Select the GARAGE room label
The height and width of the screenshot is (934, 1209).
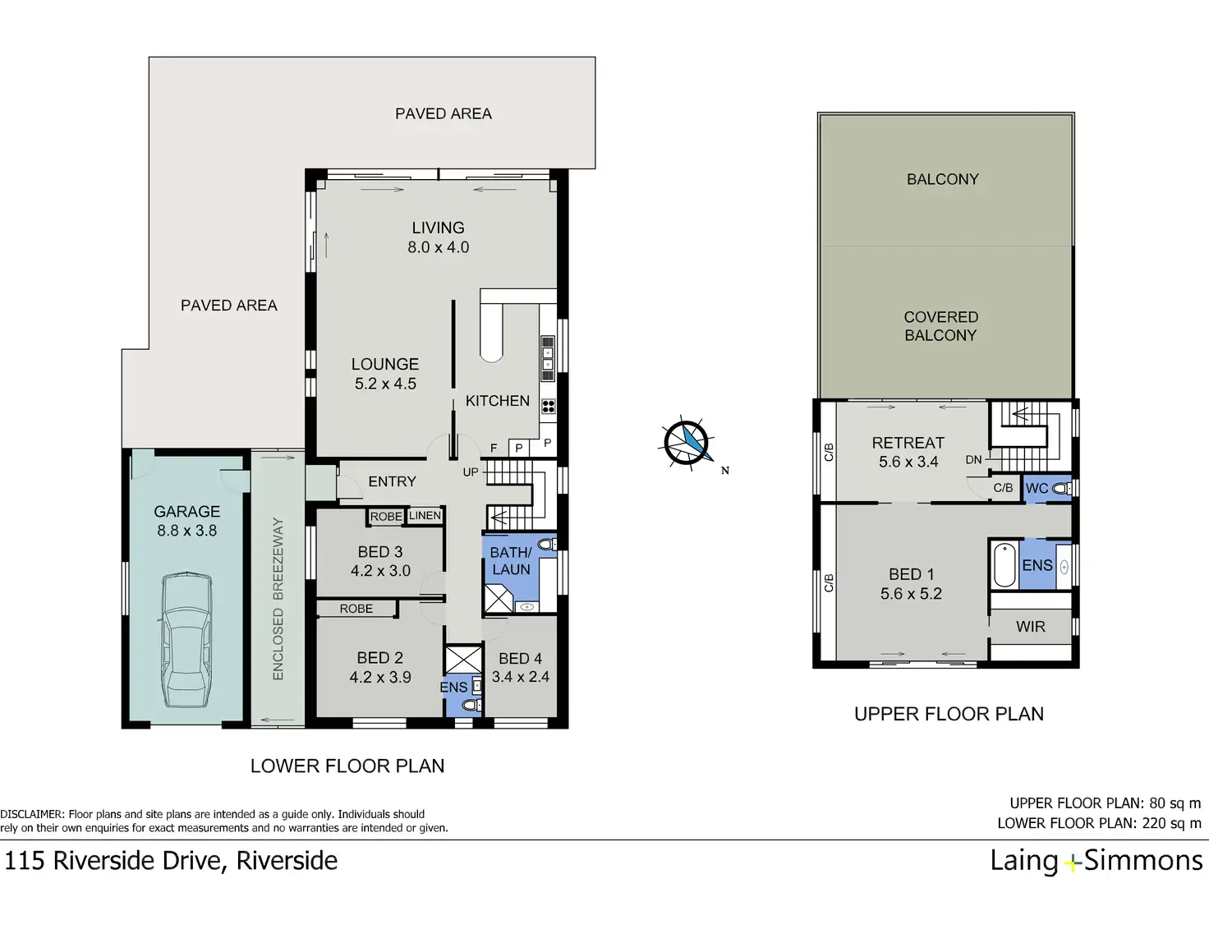187,511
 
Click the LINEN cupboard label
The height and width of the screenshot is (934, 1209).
425,515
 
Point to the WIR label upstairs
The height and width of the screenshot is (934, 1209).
1031,627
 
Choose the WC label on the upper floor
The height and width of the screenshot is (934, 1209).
1037,489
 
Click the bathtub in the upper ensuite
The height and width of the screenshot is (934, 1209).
1004,565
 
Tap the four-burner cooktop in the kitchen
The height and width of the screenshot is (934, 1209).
549,406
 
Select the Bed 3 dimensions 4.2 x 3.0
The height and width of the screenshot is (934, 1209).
380,571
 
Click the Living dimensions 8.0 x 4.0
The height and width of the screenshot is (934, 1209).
439,247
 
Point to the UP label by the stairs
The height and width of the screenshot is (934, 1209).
471,472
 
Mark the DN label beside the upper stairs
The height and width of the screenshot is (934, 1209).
973,459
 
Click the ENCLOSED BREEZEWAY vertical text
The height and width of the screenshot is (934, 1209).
278,599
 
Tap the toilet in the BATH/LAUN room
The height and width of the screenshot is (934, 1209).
546,544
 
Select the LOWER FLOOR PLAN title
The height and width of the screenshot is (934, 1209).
347,766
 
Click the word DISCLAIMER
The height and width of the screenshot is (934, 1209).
32,814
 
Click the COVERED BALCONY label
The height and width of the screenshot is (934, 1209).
940,326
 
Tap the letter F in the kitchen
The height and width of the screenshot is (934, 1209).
494,448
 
